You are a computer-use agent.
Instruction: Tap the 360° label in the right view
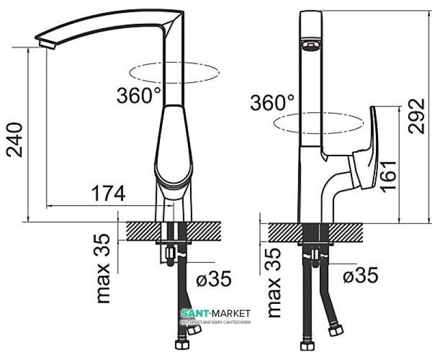point(272,101)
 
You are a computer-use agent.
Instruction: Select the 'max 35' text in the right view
point(275,281)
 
